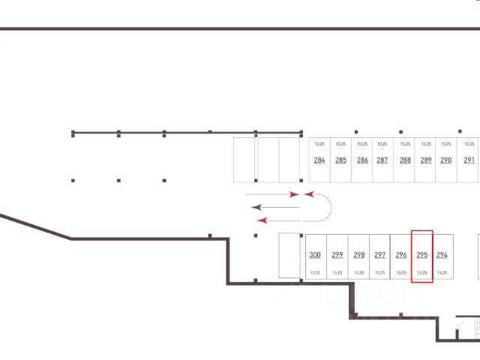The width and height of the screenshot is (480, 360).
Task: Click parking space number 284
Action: pos(319,160)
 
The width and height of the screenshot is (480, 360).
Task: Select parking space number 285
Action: pos(340,160)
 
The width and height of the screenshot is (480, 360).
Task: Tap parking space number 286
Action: pos(362,160)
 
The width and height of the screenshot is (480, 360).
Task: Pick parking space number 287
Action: pos(382,160)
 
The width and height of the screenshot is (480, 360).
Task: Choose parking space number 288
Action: pos(405,160)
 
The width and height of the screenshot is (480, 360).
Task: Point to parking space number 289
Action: pos(426,160)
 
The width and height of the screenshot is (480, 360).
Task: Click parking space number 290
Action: pos(445,160)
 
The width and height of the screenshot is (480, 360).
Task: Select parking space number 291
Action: pos(469,160)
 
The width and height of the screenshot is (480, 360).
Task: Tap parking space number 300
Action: pos(315,255)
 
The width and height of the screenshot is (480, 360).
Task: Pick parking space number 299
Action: pos(337,255)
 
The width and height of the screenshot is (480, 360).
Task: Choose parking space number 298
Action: pos(358,255)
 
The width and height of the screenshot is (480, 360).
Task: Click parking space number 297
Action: pos(379,255)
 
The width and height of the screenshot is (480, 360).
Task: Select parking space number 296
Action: pos(400,255)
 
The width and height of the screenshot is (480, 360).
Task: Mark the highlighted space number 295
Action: pos(421,255)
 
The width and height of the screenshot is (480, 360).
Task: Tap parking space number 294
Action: pos(442,255)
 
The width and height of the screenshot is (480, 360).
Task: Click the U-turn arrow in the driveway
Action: pos(319,206)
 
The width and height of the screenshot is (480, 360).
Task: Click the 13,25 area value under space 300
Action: pos(315,272)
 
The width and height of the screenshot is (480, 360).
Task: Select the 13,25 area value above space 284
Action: pos(319,143)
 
